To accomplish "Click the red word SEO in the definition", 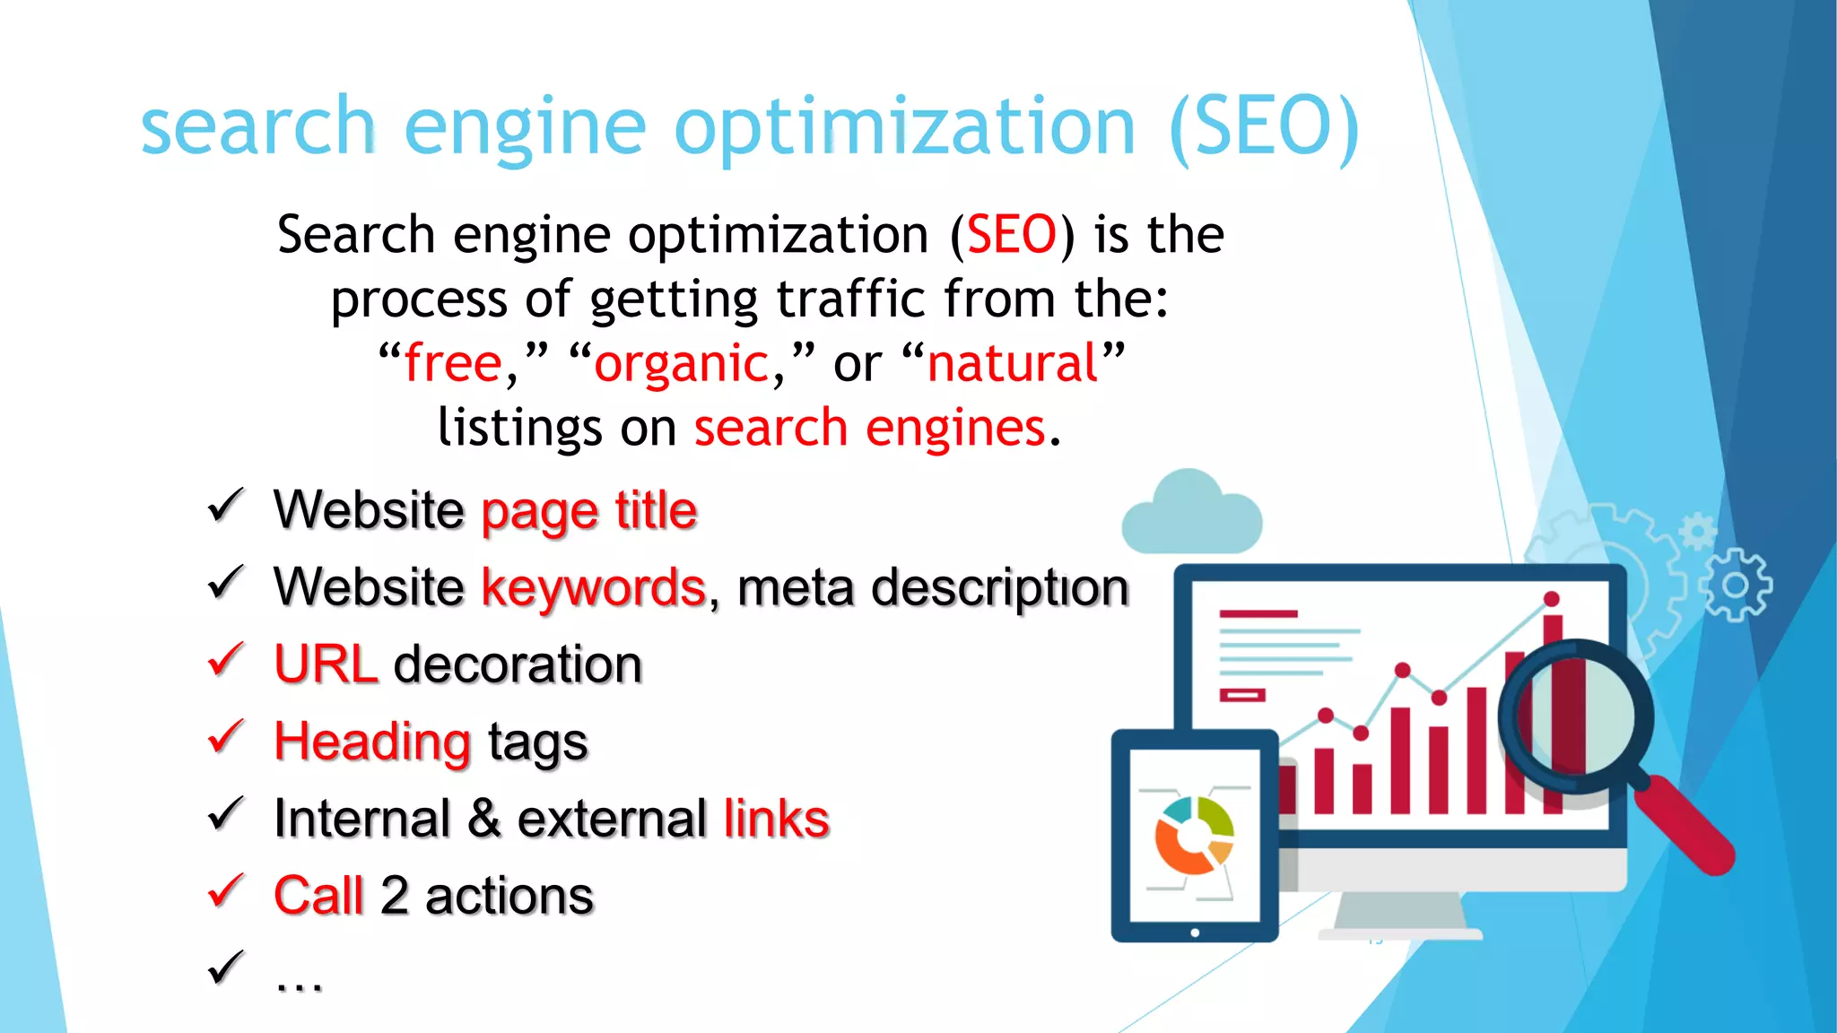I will click(1012, 236).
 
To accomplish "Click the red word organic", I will click(682, 365).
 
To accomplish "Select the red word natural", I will click(1013, 363).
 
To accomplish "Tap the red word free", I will click(453, 363).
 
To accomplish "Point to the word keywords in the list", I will click(594, 588).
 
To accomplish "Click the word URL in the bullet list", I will click(326, 664).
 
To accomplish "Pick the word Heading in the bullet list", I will click(372, 742).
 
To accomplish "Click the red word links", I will click(777, 819).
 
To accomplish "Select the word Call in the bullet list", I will click(318, 896).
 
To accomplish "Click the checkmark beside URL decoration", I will click(225, 660).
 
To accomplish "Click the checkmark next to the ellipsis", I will click(225, 968).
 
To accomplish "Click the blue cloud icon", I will click(1191, 516).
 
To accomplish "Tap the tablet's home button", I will click(1195, 933).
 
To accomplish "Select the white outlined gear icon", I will click(1737, 586).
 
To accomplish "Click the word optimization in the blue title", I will click(904, 127).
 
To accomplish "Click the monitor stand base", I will click(1399, 933).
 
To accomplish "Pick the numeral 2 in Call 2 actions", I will click(395, 896).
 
